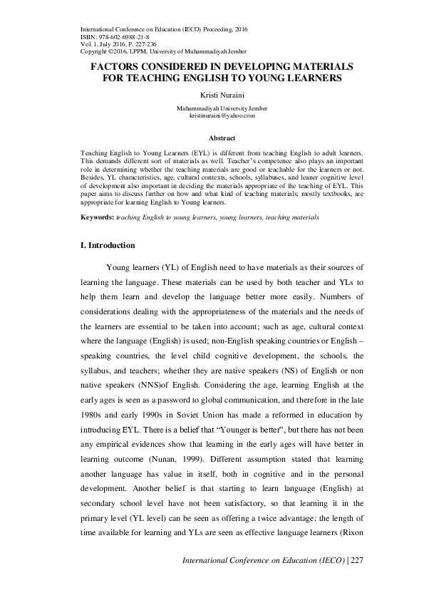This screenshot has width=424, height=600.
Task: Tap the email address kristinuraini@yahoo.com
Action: point(222,115)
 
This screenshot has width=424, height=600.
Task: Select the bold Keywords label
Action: point(97,216)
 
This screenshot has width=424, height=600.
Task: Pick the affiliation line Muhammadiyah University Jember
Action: point(222,108)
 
